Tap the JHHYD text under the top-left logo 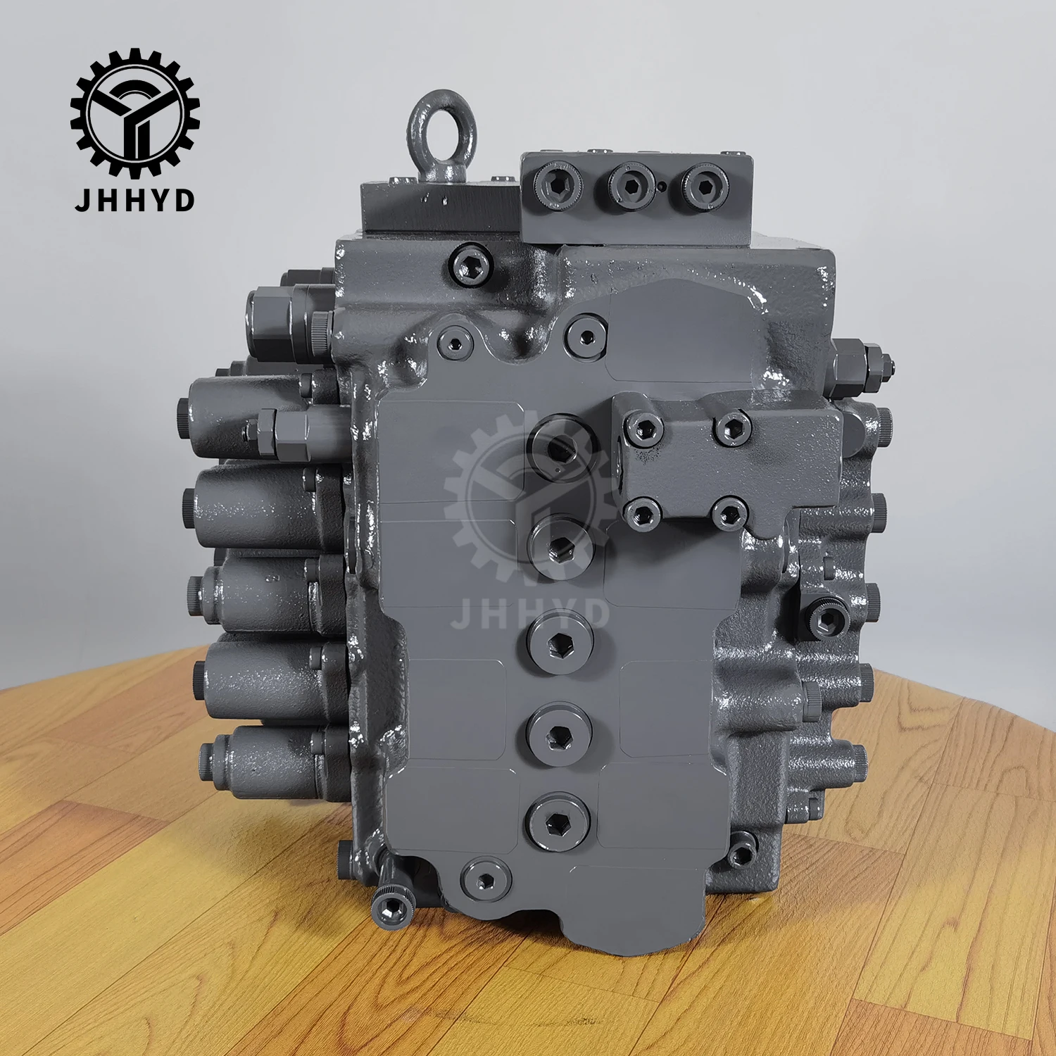(x=134, y=200)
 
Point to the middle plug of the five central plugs (x=560, y=641)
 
